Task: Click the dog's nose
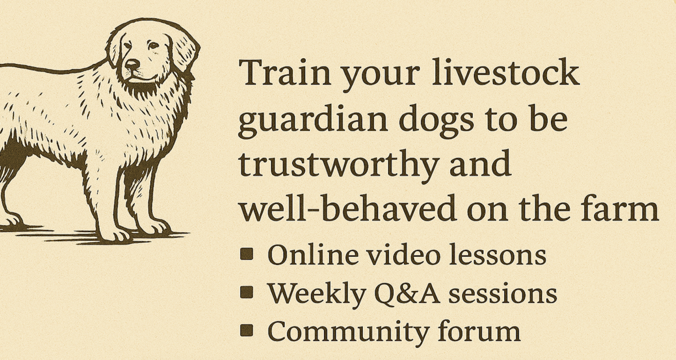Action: point(132,64)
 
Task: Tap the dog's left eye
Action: point(154,46)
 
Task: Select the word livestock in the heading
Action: point(506,72)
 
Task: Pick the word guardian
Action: point(313,121)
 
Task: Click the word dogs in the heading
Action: point(437,121)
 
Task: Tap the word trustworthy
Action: point(338,165)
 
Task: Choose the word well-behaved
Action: point(347,208)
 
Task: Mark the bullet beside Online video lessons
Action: point(246,254)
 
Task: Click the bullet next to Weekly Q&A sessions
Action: point(246,292)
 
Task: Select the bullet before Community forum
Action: point(246,330)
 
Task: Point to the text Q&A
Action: point(407,293)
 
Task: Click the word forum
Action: point(480,331)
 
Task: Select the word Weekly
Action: point(317,293)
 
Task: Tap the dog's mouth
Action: point(142,80)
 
